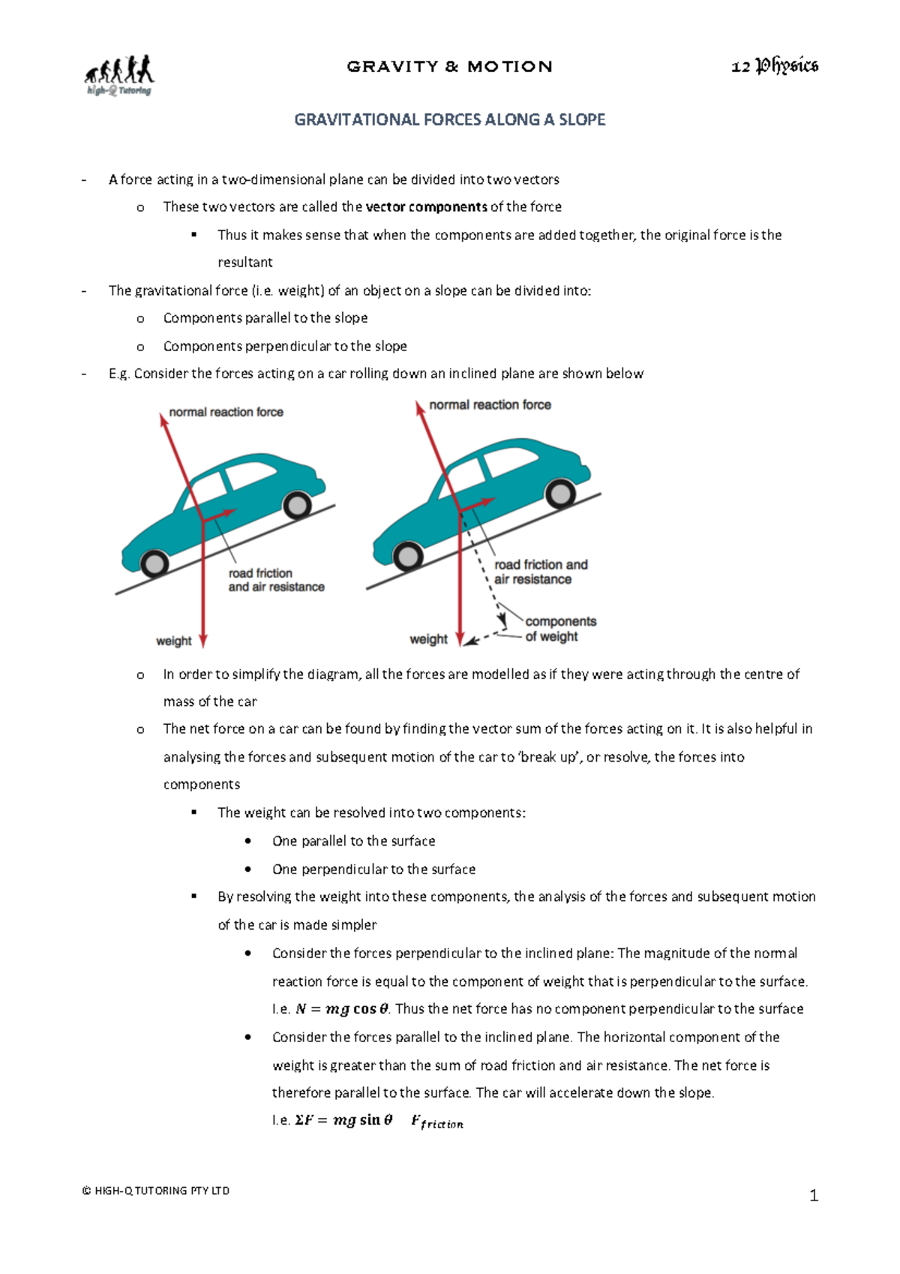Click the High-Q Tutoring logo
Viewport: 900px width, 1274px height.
coord(118,75)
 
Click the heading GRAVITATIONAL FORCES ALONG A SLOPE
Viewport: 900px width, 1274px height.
coord(449,120)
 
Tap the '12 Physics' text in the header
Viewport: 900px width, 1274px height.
coord(774,67)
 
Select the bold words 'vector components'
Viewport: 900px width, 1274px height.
coord(426,207)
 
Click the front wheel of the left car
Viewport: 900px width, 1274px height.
coord(154,563)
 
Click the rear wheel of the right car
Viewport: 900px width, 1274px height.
coord(559,494)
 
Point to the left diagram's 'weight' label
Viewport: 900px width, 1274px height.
coord(173,642)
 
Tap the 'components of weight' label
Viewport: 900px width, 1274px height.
coord(560,629)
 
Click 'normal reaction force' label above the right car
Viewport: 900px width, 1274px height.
coord(490,405)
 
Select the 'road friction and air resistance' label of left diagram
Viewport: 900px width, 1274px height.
coord(275,580)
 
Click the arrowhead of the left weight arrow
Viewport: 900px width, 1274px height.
coord(202,640)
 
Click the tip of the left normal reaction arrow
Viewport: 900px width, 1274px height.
coord(163,417)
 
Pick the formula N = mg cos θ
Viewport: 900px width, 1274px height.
coord(342,1009)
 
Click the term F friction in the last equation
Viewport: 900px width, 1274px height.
coord(436,1122)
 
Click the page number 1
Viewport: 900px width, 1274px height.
coord(813,1196)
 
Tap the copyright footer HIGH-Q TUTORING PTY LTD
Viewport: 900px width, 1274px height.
coord(156,1191)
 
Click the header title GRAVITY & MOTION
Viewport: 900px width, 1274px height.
coord(449,67)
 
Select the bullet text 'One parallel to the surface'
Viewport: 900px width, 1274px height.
coord(353,841)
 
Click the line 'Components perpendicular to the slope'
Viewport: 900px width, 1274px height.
coord(285,347)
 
